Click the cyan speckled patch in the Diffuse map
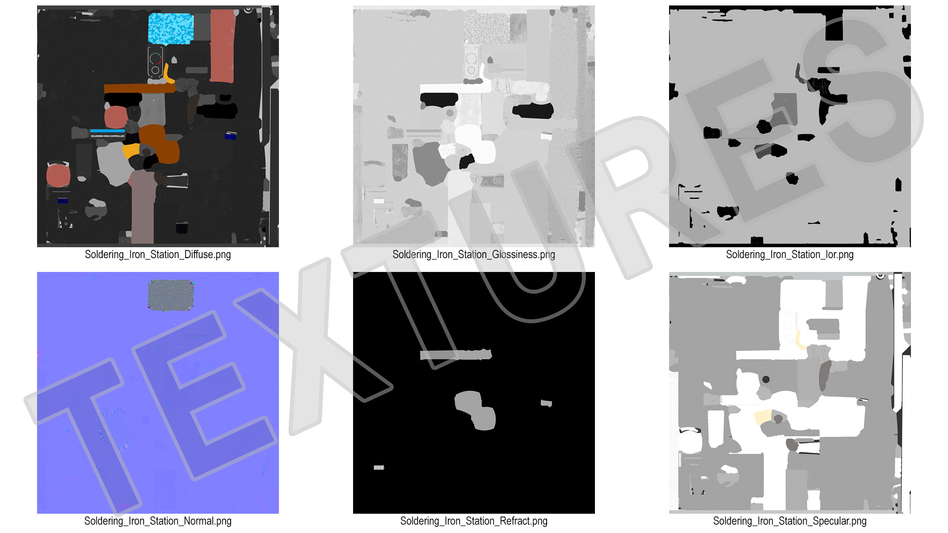[171, 29]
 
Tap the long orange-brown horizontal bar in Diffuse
[140, 88]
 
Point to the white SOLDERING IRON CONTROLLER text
[108, 136]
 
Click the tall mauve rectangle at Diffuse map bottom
[143, 207]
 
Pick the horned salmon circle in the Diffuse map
[58, 174]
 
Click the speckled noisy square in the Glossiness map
[486, 29]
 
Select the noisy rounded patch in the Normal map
[171, 296]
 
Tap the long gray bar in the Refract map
[456, 354]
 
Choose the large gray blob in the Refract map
[475, 410]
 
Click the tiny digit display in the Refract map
[379, 467]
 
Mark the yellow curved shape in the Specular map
[800, 340]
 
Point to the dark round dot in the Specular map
[766, 380]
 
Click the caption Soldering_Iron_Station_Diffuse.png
[158, 255]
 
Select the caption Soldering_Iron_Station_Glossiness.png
[474, 255]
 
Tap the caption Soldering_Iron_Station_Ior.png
[790, 255]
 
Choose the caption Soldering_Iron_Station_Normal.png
[158, 521]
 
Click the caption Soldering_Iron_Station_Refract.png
[474, 521]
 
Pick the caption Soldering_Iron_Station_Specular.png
[790, 521]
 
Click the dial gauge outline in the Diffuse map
[155, 62]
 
